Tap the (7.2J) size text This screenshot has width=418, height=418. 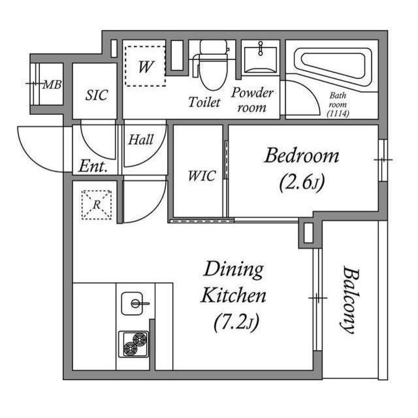[236, 322]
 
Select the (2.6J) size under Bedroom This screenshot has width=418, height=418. [302, 182]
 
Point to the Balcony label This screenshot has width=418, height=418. [349, 299]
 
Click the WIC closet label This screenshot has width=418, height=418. [202, 176]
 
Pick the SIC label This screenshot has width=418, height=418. [97, 95]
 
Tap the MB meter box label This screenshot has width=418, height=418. [52, 85]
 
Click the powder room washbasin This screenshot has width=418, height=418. [261, 59]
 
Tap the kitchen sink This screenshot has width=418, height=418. [132, 303]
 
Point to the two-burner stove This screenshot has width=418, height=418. [133, 344]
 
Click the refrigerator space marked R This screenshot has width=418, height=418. [97, 204]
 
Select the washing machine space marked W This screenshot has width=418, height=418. [145, 66]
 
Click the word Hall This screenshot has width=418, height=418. [141, 139]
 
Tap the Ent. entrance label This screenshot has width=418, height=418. [93, 167]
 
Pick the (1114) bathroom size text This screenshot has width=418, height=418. [338, 114]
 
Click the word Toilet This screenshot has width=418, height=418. [204, 102]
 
